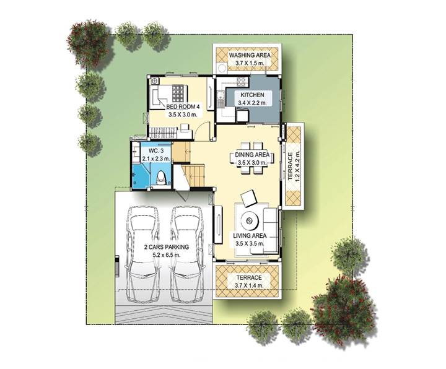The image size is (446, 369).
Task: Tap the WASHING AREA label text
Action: coord(250,55)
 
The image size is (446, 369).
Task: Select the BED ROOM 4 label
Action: coord(183,107)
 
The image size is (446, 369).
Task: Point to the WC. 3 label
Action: coord(155,151)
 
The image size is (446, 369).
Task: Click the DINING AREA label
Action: coord(252,155)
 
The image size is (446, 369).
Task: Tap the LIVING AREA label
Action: coord(250,236)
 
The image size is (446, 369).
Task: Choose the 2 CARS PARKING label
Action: coord(167,247)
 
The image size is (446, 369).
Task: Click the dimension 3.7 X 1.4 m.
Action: coord(249,285)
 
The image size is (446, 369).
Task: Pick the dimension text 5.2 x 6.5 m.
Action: coord(167,255)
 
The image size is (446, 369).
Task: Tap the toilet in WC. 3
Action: coord(161,177)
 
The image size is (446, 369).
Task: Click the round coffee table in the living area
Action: coord(250,220)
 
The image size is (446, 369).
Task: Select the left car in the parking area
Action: coord(142,254)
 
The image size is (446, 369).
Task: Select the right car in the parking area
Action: coord(188,254)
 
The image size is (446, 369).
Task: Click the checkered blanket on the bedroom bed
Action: coord(179,94)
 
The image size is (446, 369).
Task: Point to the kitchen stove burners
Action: coord(241,82)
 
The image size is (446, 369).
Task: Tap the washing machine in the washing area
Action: coord(221,68)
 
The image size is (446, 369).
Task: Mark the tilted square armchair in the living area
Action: coord(249,198)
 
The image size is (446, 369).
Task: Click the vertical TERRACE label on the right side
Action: coord(290,167)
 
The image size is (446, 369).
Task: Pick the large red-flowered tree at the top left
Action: coord(89,43)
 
